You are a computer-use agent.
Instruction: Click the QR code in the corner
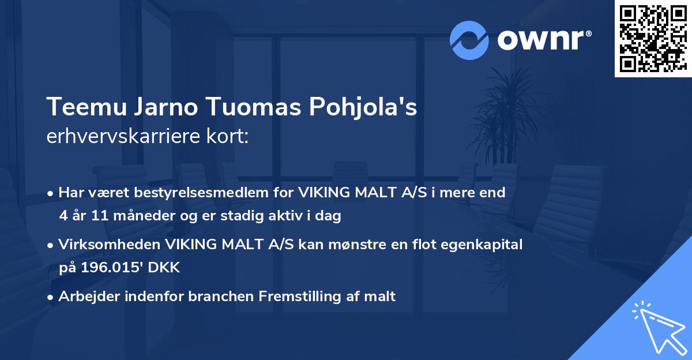tap(653, 39)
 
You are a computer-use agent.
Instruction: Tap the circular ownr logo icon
tap(469, 40)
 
